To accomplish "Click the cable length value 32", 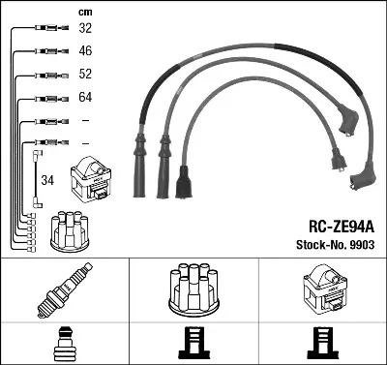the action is [x=85, y=28].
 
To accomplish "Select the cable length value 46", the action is [x=85, y=50].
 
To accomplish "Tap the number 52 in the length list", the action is [x=85, y=74].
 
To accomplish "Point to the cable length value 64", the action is [x=85, y=97].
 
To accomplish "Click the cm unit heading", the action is [x=85, y=13].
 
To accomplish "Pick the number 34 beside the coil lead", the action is [x=47, y=180].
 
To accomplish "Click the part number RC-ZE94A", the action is [x=342, y=227].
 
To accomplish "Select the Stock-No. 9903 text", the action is [x=336, y=245].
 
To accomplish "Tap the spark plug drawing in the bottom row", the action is [x=65, y=289].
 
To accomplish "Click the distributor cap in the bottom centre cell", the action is [x=194, y=289].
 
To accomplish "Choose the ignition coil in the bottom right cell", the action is [x=324, y=289].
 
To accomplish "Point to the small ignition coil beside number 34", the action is [x=91, y=179].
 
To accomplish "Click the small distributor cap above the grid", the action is [x=70, y=231].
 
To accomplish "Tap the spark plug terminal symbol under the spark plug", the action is [x=65, y=344].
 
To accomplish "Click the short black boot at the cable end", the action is [x=184, y=182].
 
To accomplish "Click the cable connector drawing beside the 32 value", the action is [x=51, y=28].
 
